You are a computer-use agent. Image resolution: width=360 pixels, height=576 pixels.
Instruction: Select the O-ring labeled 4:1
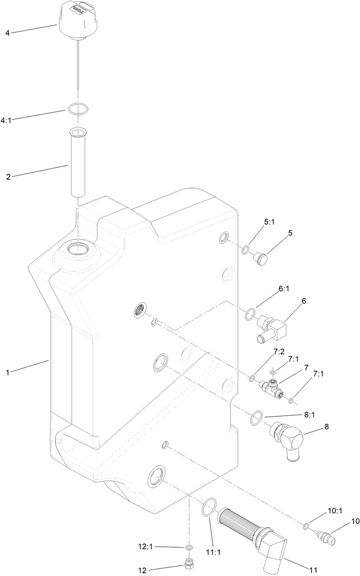point(78,109)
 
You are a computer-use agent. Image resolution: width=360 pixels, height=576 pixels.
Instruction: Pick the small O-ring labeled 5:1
point(245,250)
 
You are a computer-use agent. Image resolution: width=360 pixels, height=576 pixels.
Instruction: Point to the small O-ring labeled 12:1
point(189,548)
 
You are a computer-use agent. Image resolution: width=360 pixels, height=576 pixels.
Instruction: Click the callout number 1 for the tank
point(7,372)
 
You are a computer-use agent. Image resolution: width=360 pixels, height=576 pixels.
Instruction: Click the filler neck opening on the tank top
point(77,248)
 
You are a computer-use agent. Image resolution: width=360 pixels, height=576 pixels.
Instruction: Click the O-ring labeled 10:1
point(306,526)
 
